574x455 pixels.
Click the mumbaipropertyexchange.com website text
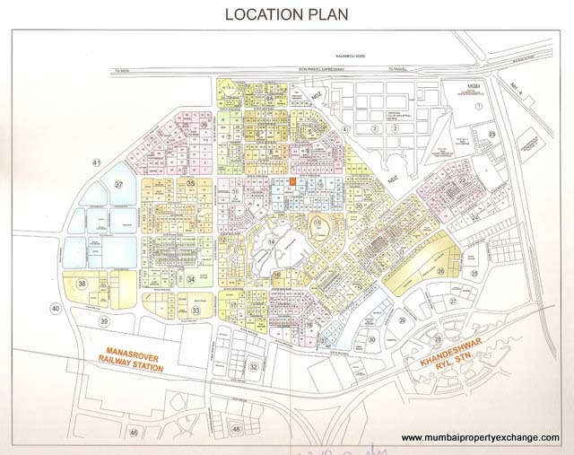point(480,438)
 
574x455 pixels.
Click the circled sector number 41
point(96,162)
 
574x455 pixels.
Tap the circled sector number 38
point(83,284)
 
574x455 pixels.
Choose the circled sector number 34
point(191,279)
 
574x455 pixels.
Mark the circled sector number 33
point(195,310)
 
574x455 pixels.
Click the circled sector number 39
point(104,320)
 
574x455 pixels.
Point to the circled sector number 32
point(254,366)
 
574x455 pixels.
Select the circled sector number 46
point(134,433)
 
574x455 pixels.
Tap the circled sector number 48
point(237,430)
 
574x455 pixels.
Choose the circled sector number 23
point(492,135)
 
